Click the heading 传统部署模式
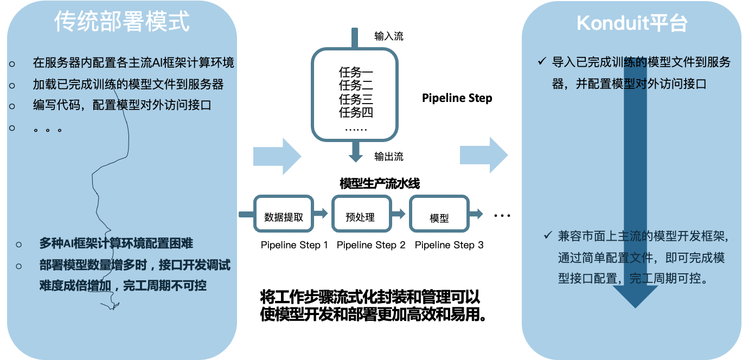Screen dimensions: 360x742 click(x=122, y=22)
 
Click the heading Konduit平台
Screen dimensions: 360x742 click(x=632, y=23)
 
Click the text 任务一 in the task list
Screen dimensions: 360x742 click(x=356, y=72)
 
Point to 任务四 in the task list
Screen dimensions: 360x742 click(x=356, y=113)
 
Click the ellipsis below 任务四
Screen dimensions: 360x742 click(x=356, y=128)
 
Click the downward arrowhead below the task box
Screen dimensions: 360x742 click(x=355, y=157)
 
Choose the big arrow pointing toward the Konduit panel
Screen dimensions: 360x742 click(x=484, y=155)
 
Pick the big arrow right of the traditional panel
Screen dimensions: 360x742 click(x=277, y=156)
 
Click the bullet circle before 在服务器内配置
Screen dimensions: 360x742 click(x=12, y=64)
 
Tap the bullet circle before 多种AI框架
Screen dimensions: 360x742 click(x=19, y=245)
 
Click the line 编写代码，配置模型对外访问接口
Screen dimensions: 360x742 click(x=121, y=106)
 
